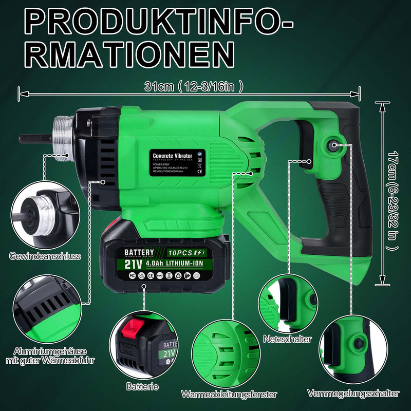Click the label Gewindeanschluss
coord(45,255)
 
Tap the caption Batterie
coord(142,386)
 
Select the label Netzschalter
coord(287,340)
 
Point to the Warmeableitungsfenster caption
coord(229,395)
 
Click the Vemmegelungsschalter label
coord(353,394)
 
